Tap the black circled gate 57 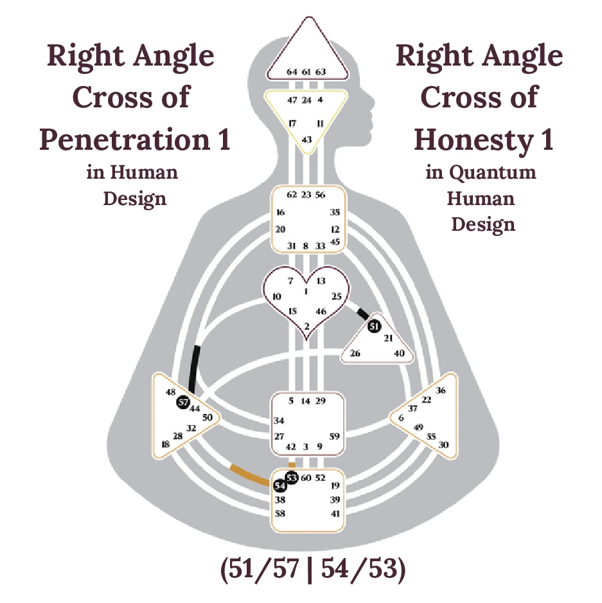[x=182, y=402]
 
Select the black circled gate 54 [x=279, y=486]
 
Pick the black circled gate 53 [x=292, y=478]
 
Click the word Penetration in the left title [x=122, y=140]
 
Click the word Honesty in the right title [x=472, y=140]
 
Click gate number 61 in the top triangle [x=306, y=71]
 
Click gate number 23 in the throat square [x=306, y=195]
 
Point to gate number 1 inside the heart [x=306, y=291]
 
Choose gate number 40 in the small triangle [x=400, y=353]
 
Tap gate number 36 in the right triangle [x=441, y=390]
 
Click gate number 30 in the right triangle [x=443, y=445]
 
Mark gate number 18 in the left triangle [x=166, y=444]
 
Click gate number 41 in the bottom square [x=335, y=514]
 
